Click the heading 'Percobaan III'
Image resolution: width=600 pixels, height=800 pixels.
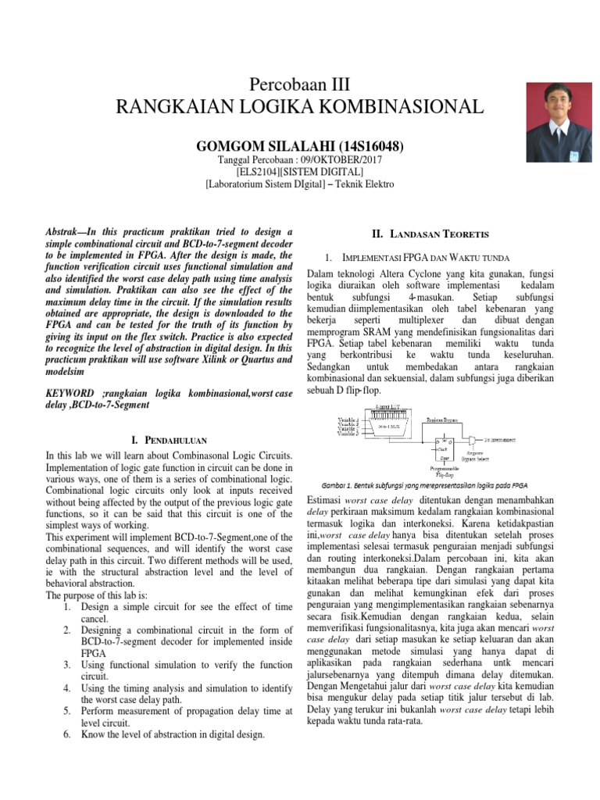(300, 85)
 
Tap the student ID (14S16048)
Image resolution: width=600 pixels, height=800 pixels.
(371, 146)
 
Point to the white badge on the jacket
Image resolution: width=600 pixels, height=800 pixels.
(573, 157)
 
